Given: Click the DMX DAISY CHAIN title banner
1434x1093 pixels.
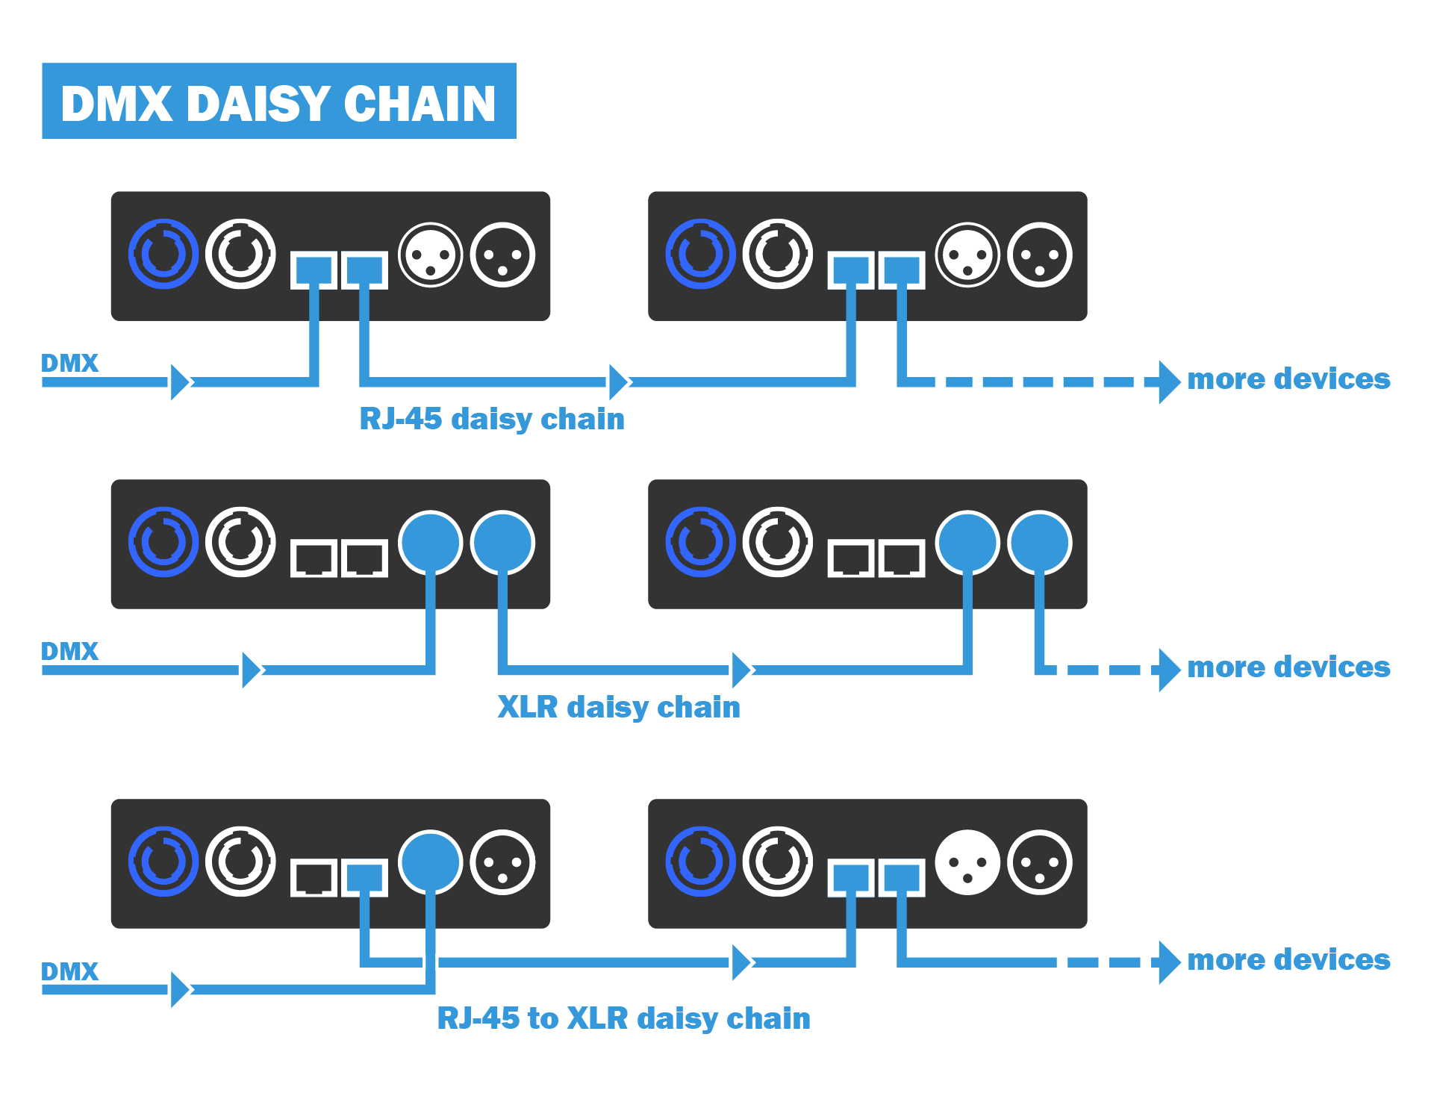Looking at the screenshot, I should click(x=278, y=101).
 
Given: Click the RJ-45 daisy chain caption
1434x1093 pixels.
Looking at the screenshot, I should click(x=491, y=419).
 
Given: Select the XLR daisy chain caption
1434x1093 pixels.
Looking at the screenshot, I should click(x=618, y=707).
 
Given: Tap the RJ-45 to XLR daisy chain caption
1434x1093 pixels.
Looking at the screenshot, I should click(x=623, y=1018).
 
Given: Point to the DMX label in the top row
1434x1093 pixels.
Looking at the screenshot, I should click(x=69, y=363).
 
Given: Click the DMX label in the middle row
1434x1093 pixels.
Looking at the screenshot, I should click(x=69, y=651).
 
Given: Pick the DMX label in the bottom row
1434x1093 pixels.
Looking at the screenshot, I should click(x=69, y=971).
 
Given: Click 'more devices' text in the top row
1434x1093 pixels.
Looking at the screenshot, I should click(x=1288, y=379).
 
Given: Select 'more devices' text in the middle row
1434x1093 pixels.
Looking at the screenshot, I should click(x=1288, y=667).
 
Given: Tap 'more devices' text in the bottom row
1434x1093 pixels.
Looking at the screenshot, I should click(x=1288, y=959).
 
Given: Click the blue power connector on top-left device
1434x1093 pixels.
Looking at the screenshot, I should click(x=163, y=254).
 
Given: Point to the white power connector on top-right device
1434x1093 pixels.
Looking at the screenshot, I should click(x=777, y=254).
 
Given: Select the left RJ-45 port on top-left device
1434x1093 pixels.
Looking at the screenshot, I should click(x=314, y=270).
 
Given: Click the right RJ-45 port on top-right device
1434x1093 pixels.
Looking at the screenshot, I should click(x=902, y=270).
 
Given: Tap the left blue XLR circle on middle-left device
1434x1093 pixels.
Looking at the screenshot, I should click(x=431, y=543).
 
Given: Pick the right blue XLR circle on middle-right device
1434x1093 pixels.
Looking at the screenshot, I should click(x=1039, y=543).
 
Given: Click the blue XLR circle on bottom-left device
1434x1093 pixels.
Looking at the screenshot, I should click(x=431, y=862).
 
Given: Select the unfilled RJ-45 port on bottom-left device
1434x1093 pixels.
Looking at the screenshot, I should click(x=314, y=877).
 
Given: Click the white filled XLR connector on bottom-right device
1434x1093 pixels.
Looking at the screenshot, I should click(x=967, y=862).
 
